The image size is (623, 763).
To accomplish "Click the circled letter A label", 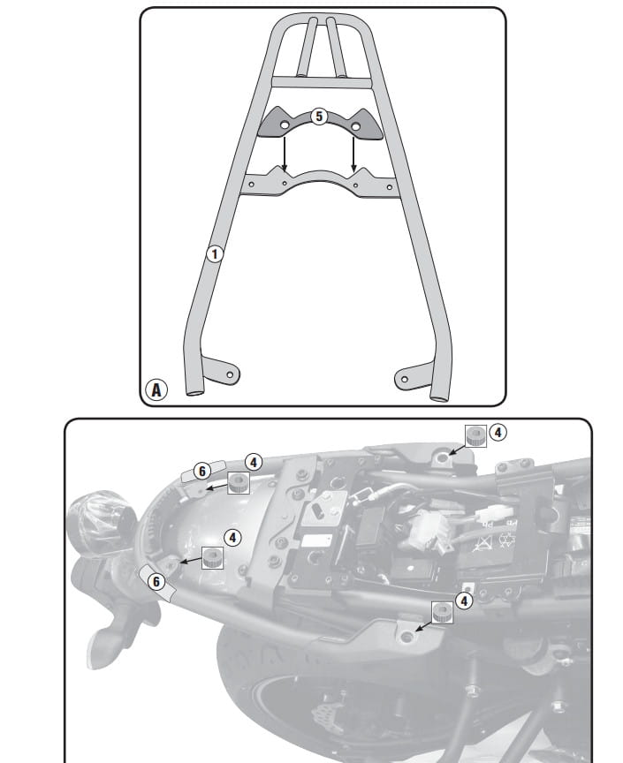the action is [x=156, y=389].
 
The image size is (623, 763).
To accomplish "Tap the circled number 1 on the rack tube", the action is [x=215, y=253].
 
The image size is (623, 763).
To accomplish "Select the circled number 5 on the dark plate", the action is [x=319, y=117].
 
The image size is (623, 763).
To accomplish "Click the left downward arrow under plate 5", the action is [x=285, y=155].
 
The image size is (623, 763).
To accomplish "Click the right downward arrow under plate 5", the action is [x=353, y=155].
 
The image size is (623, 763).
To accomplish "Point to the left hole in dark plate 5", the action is [x=284, y=126].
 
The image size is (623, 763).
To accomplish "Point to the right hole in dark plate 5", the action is [x=355, y=126].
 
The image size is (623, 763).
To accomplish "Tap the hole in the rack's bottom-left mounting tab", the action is [x=231, y=374].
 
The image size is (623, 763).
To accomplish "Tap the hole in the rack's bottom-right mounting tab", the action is [x=404, y=380].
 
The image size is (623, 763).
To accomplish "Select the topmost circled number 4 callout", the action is [x=498, y=432].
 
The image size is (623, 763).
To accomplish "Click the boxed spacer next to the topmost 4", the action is [x=475, y=435].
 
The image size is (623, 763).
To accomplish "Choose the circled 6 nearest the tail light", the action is [x=156, y=581].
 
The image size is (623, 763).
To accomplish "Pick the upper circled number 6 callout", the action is [x=202, y=471].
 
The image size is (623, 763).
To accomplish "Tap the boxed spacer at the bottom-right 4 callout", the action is [x=443, y=612].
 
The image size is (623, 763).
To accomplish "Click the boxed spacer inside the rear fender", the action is [x=213, y=557].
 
